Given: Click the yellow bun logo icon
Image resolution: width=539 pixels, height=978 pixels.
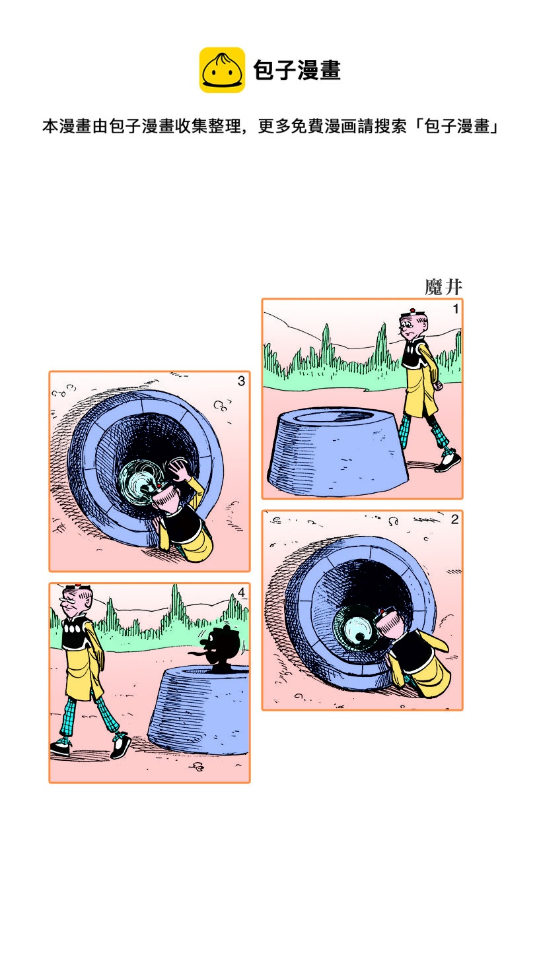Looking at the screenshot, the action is [x=222, y=70].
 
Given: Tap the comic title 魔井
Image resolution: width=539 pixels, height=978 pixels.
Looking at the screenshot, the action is [x=443, y=287].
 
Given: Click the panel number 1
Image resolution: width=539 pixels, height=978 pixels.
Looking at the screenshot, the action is [x=456, y=309].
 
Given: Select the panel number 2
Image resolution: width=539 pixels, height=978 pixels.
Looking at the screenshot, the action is [x=454, y=519].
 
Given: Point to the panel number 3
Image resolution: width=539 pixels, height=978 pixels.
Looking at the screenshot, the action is [x=241, y=381].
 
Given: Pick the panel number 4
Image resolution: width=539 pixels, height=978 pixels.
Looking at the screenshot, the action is [x=241, y=593].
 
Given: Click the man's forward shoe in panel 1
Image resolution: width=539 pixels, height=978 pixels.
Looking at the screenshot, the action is [x=448, y=463].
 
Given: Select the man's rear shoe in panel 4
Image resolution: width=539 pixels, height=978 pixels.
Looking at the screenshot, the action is [x=61, y=748].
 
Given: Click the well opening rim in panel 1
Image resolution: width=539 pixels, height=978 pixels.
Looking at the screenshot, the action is [x=334, y=416].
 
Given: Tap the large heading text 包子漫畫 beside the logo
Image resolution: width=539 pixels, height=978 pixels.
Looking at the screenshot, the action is [x=297, y=71].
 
